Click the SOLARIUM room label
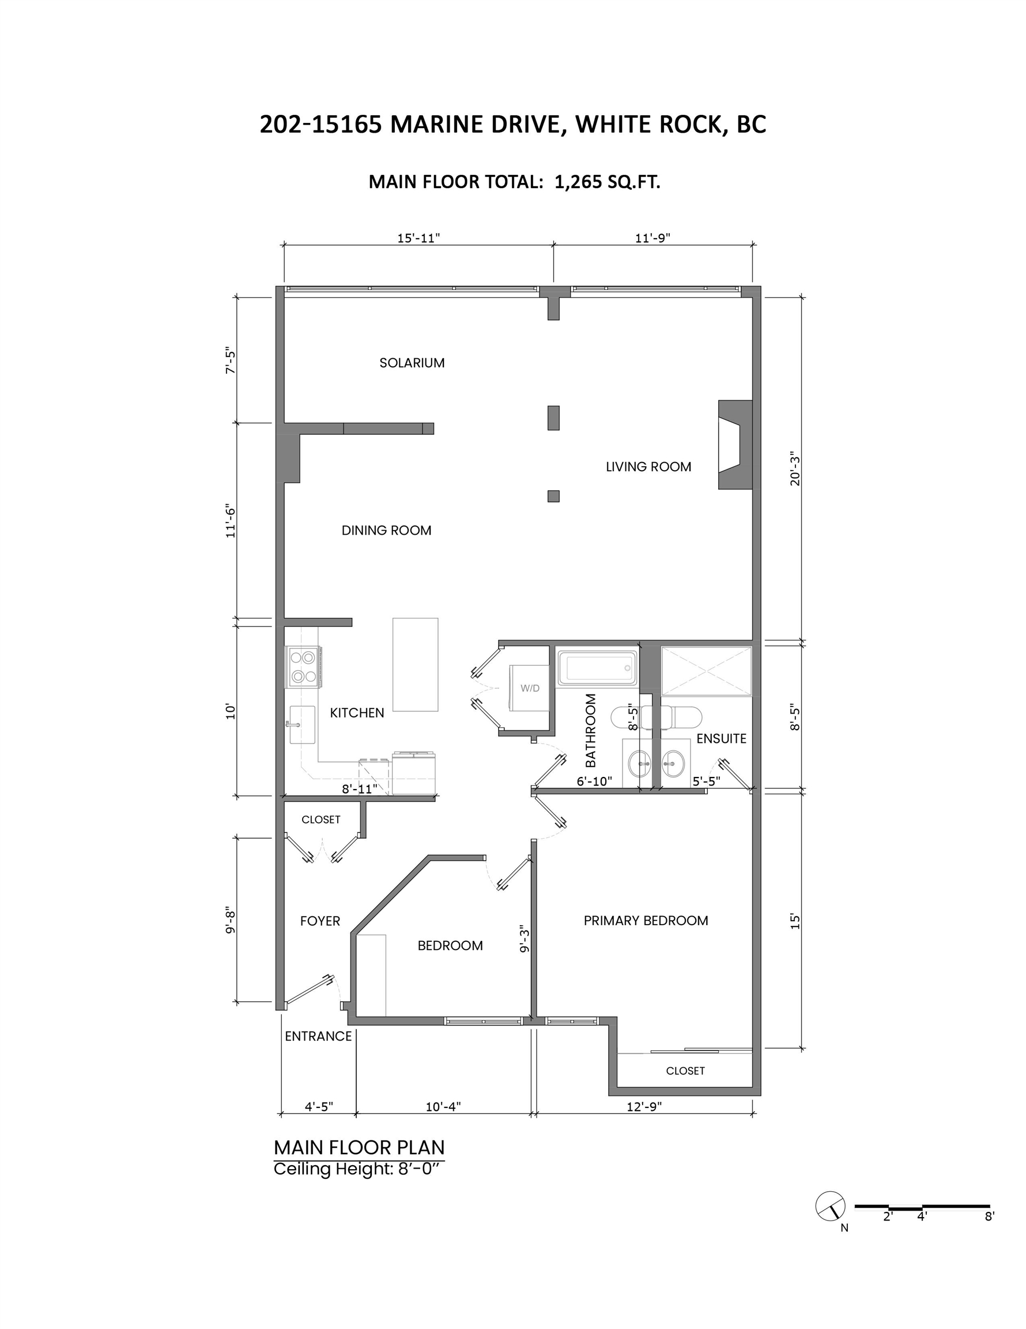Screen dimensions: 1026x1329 pos(412,363)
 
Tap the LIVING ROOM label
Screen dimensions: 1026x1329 pos(648,467)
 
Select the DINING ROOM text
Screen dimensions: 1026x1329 pos(386,530)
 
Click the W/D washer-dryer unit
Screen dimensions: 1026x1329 pos(529,688)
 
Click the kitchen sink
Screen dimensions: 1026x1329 pos(301,724)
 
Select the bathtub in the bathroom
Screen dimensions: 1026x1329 pos(597,667)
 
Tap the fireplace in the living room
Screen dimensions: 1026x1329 pos(735,445)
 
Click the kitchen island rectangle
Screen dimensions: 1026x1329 pos(416,664)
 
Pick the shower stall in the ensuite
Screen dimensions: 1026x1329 pos(706,671)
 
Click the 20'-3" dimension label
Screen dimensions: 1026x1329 pos(795,468)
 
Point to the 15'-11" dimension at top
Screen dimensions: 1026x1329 pos(418,238)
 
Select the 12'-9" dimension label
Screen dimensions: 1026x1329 pos(644,1106)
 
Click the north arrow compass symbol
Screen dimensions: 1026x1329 pos(831,1206)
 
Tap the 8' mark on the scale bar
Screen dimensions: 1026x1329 pos(990,1217)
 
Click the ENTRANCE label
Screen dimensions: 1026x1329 pos(318,1037)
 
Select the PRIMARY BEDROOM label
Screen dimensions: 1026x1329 pos(646,921)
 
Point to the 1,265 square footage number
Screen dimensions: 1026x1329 pos(578,182)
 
